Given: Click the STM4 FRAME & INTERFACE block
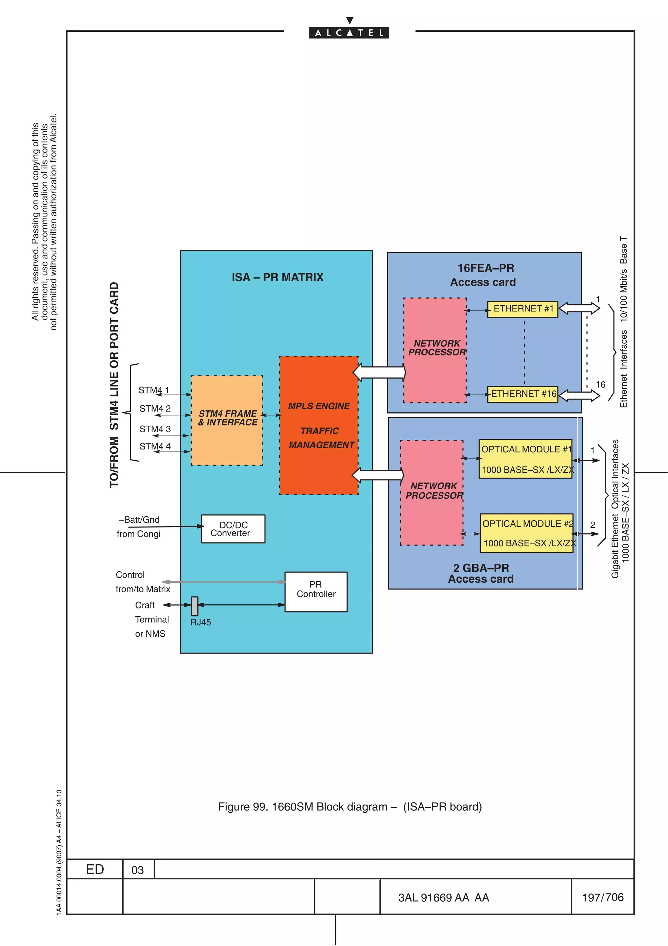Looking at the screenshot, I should [227, 420].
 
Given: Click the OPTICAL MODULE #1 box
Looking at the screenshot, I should [525, 459].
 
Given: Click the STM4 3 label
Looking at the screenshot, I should [155, 429].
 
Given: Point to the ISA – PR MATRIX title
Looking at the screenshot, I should [277, 277].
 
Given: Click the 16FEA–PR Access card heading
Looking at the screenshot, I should [484, 275].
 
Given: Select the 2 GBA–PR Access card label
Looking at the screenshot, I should [481, 573].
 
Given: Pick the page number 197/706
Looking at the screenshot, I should [602, 897].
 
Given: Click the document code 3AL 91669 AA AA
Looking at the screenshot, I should [443, 897].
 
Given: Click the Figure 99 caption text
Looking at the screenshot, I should [349, 806].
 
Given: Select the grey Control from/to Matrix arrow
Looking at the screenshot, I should [224, 582].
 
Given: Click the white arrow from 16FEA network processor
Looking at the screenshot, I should [379, 372].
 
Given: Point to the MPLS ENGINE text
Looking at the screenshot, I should [319, 406].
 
